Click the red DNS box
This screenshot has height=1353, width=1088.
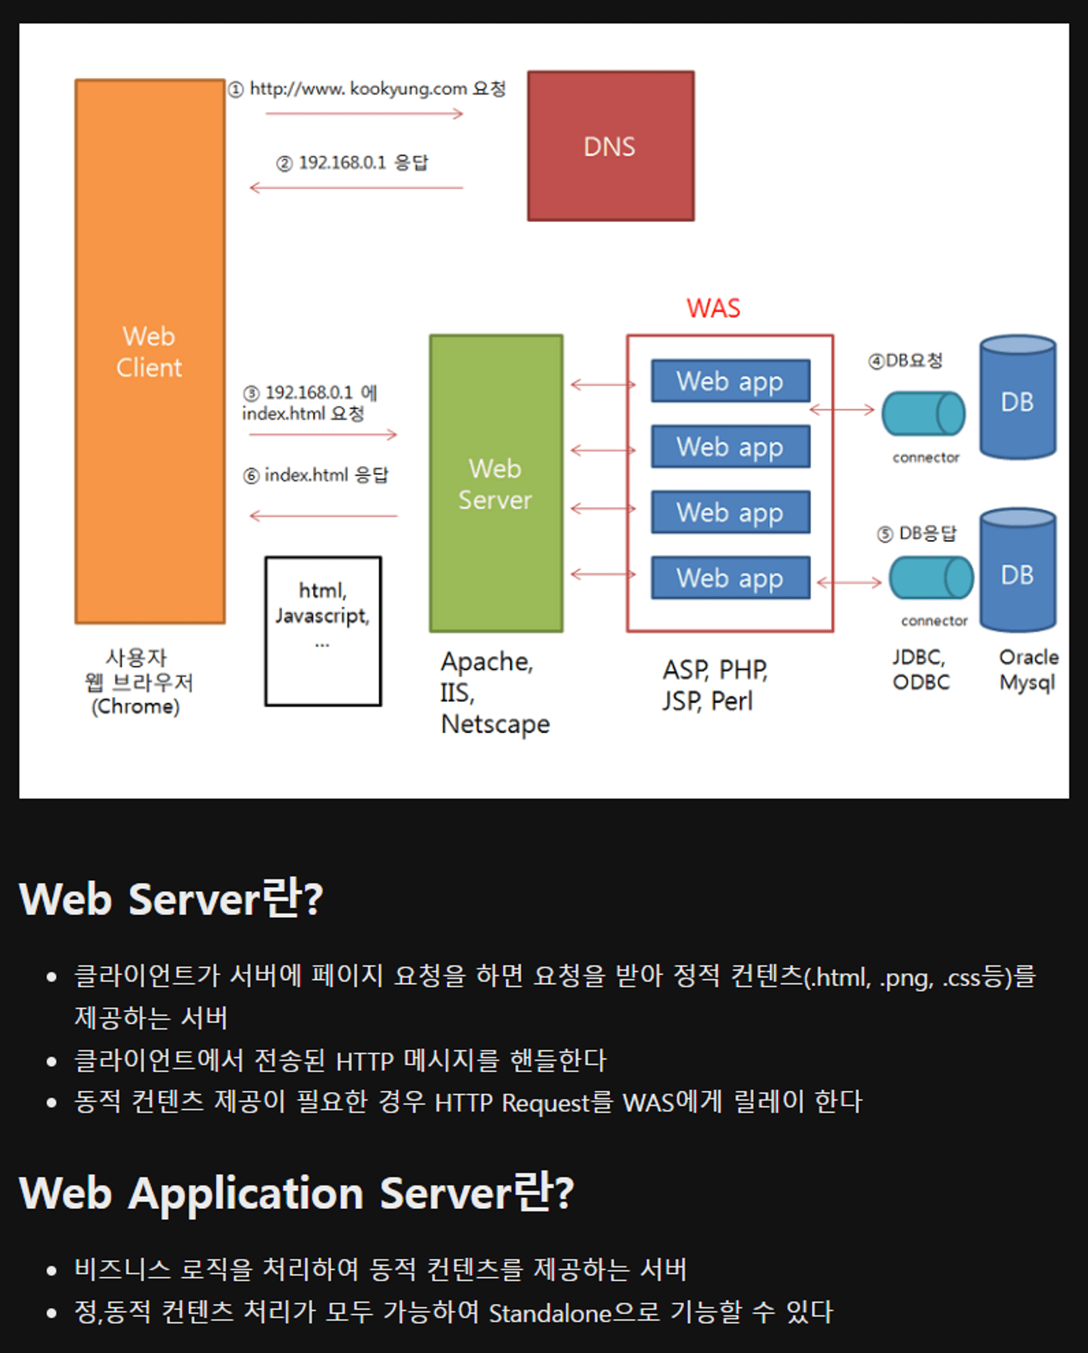tap(610, 146)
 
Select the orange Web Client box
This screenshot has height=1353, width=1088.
tap(150, 351)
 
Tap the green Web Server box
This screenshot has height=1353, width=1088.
tap(496, 483)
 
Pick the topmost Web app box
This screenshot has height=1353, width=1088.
tap(731, 381)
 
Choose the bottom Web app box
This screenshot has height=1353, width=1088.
tap(731, 577)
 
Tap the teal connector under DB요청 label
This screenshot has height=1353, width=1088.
tap(923, 413)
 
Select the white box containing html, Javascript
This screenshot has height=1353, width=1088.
tap(323, 631)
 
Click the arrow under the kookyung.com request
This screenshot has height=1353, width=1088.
tap(364, 114)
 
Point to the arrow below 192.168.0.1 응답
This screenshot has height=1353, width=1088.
tap(356, 188)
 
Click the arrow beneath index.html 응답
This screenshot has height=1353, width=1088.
tap(323, 516)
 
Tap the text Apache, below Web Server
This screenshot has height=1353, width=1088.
tap(487, 662)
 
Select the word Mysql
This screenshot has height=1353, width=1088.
tap(1027, 682)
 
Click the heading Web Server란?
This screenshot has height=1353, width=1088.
tap(171, 899)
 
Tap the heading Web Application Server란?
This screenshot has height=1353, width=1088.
tap(296, 1193)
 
